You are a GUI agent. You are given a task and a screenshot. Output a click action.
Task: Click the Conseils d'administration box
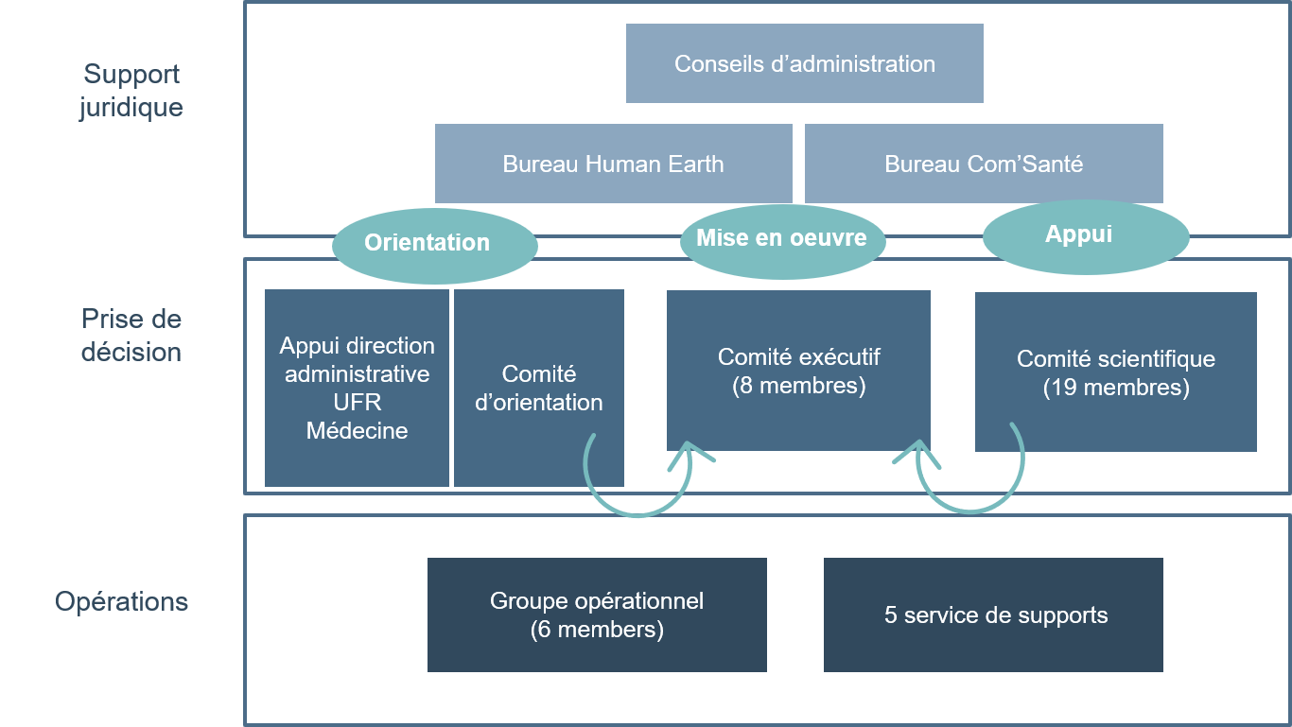(804, 63)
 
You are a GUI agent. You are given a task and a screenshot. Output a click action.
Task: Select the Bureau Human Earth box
(613, 164)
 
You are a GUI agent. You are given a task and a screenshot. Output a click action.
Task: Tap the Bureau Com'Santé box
(984, 164)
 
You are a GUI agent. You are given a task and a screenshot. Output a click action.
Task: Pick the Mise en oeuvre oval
(782, 239)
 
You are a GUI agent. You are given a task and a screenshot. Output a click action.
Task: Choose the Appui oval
(1085, 235)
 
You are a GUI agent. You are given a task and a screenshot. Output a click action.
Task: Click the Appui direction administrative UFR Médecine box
(357, 388)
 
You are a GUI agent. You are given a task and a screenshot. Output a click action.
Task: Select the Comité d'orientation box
(538, 388)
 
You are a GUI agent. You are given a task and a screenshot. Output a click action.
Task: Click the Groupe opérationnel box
(597, 614)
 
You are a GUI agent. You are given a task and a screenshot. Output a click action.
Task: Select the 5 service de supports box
(993, 614)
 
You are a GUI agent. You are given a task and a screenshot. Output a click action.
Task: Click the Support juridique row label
(131, 90)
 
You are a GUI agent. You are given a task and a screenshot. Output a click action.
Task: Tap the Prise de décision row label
(131, 336)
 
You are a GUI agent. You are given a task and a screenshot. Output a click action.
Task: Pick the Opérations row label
(122, 601)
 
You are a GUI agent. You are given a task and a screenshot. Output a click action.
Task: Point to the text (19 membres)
(1115, 388)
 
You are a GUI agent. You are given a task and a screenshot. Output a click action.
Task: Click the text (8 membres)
(798, 386)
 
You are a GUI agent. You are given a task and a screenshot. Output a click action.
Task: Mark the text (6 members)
(597, 630)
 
